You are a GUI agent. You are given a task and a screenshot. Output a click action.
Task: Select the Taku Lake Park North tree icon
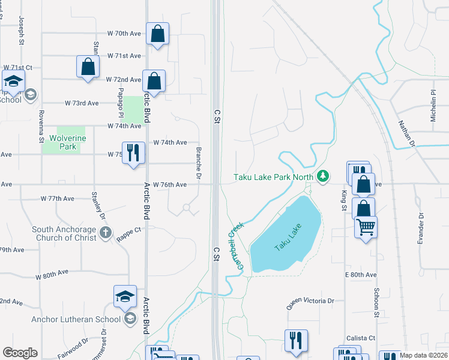coord(324,176)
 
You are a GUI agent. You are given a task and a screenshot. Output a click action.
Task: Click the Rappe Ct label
coord(129,229)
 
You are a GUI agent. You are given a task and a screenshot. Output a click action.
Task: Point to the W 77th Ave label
coord(58,198)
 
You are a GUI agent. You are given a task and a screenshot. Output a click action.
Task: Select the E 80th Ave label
coord(360,274)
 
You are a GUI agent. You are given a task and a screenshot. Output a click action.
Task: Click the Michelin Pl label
coord(433,106)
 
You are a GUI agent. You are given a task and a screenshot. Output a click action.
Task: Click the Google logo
coord(20,353)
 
